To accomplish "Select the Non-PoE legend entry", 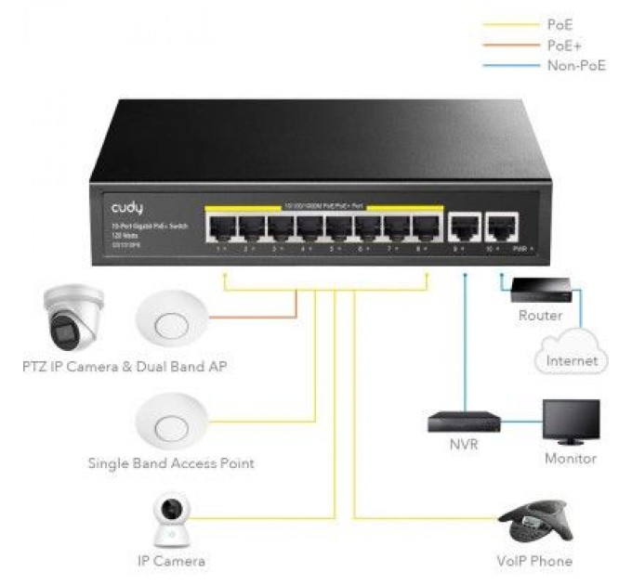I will (575, 65).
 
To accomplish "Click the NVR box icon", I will (463, 421).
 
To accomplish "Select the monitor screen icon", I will (571, 422).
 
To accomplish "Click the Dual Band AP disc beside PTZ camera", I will (170, 321).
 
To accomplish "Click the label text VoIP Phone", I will (534, 561).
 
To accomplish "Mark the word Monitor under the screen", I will (571, 458).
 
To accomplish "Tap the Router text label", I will (540, 316).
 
